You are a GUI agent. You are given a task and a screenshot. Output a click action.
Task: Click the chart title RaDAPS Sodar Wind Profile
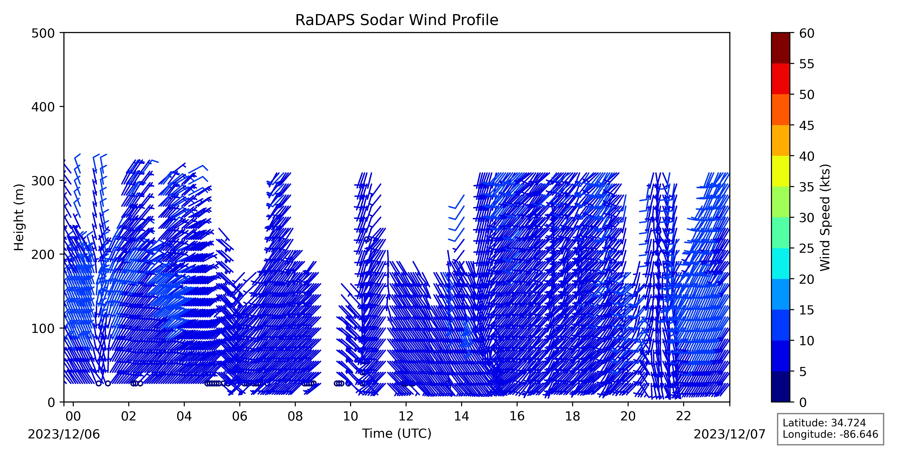pos(397,20)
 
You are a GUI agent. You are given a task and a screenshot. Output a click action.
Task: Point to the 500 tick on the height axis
pos(62,33)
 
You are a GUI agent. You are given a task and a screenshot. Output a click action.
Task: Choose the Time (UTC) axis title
pos(397,433)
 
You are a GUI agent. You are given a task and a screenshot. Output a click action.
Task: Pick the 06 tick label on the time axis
pos(240,416)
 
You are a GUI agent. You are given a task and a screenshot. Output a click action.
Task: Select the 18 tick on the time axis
pos(572,403)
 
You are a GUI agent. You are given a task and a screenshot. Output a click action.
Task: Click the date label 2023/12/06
pos(64,434)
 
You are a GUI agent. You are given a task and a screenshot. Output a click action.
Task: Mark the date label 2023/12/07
pos(730,434)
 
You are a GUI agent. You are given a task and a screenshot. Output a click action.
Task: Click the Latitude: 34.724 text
pos(824,423)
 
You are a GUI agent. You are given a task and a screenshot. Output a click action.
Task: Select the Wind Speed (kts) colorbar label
pos(825,217)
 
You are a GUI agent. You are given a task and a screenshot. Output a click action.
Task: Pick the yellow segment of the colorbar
pos(780,171)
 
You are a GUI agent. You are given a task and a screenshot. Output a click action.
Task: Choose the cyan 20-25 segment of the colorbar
pos(780,263)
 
